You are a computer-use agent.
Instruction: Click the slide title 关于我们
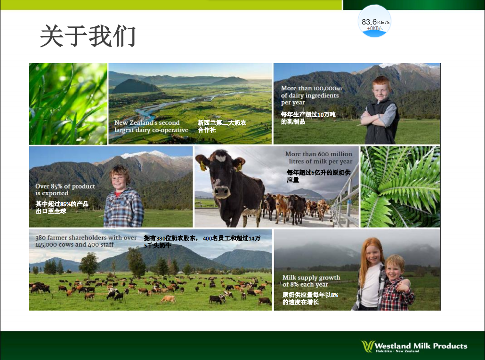[x=88, y=36]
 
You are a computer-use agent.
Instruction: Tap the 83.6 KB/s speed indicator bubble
[x=374, y=21]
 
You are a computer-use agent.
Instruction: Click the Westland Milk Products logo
[x=414, y=346]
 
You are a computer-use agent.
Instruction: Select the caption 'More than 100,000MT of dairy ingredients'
[x=311, y=92]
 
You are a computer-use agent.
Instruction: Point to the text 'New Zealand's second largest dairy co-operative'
[x=151, y=127]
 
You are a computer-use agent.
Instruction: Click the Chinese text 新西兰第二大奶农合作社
[x=222, y=127]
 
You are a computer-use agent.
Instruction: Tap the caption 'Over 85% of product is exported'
[x=65, y=190]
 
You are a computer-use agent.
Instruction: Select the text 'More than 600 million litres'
[x=319, y=157]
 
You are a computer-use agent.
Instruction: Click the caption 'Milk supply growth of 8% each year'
[x=311, y=281]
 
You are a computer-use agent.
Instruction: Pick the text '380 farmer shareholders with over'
[x=86, y=238]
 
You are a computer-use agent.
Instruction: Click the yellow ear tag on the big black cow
[x=202, y=166]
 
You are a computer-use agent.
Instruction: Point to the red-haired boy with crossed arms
[x=380, y=110]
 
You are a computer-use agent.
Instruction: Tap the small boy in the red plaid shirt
[x=396, y=283]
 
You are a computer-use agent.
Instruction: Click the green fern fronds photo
[x=400, y=187]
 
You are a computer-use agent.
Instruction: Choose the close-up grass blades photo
[x=68, y=104]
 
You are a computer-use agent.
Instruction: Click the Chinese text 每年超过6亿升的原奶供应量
[x=319, y=176]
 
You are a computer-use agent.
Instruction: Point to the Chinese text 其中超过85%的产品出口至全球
[x=62, y=208]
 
